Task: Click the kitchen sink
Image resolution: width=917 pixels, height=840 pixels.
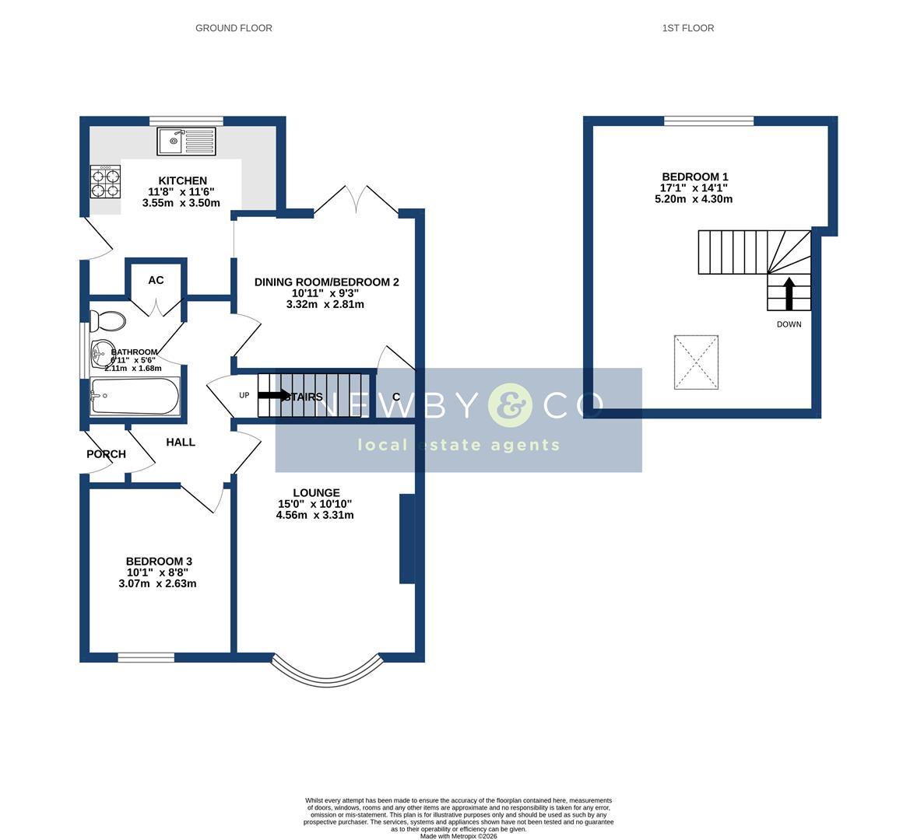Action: [186, 141]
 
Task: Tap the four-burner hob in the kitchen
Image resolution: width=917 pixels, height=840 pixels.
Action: [105, 181]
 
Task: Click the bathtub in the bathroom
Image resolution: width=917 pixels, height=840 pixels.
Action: [134, 396]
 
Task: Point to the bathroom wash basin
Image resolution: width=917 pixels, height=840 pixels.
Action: [100, 355]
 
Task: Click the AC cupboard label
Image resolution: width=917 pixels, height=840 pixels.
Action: [156, 280]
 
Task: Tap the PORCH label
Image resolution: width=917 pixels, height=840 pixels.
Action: [106, 454]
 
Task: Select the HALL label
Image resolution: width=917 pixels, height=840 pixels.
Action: [181, 442]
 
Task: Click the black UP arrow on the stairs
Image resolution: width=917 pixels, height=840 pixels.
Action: [272, 396]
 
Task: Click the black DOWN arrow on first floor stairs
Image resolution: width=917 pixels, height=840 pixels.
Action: [789, 294]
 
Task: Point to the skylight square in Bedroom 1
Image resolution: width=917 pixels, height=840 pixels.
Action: [696, 362]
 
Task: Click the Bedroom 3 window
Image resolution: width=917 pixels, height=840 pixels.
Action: [146, 658]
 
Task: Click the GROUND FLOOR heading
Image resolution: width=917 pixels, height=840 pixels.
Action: [234, 28]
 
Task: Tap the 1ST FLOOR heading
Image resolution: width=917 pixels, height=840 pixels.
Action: [687, 28]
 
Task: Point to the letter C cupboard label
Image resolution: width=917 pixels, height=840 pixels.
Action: [396, 397]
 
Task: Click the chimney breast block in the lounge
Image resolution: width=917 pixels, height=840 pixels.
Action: [406, 539]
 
